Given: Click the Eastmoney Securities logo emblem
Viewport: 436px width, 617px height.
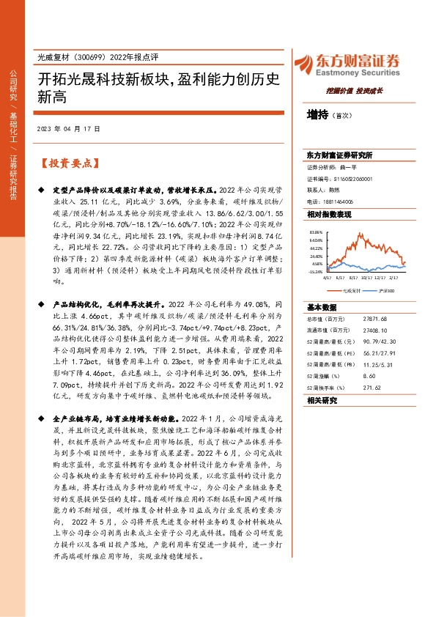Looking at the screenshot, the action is click(303, 64).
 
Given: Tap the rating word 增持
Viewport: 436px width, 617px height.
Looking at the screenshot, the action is click(318, 114).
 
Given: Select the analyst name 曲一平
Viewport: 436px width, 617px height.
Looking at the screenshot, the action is click(360, 167).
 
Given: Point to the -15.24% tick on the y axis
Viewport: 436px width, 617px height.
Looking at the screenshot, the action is click(316, 272).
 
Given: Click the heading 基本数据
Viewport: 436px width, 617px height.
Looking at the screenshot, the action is click(322, 306).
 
